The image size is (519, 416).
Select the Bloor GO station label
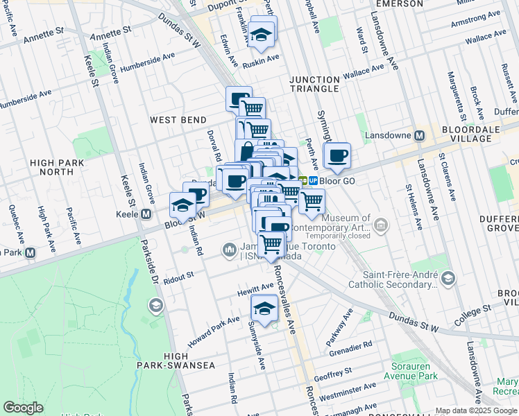click(337, 180)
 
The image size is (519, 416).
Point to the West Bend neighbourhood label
click(178, 120)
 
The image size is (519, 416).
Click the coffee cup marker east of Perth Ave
click(337, 156)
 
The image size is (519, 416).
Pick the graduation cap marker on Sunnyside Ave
click(264, 308)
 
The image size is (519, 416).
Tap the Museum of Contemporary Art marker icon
click(381, 225)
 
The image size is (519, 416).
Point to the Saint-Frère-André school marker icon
click(448, 278)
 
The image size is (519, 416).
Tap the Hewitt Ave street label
click(256, 288)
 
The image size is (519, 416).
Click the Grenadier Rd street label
click(352, 345)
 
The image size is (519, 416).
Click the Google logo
click(23, 408)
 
